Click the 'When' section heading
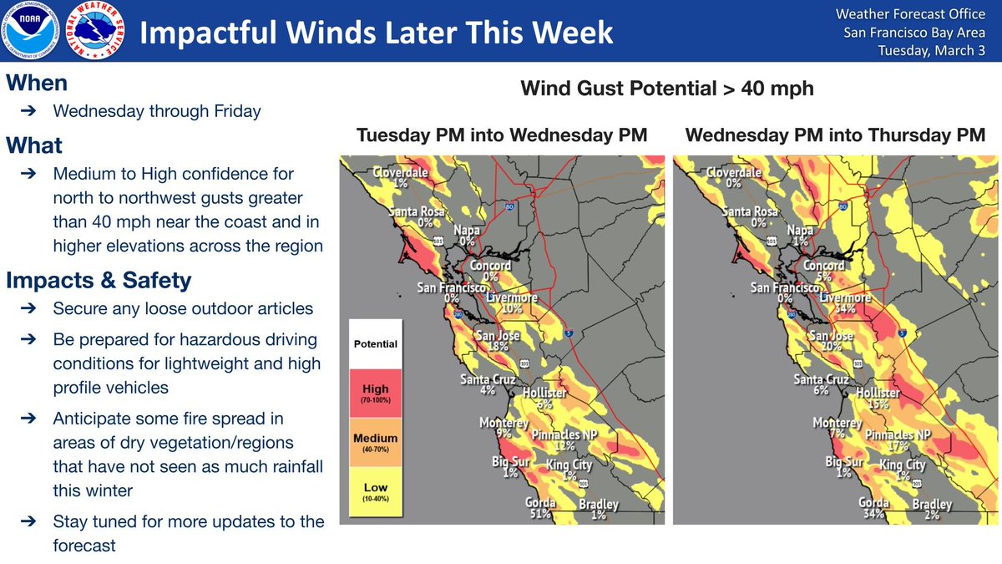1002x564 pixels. coord(37,84)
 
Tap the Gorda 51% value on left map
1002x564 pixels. coord(539,514)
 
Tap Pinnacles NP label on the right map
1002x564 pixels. coord(898,435)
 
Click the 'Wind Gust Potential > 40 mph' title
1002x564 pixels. coord(666,88)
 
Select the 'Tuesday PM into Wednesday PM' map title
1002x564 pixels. coord(502,135)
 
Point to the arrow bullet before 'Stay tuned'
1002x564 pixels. coord(27,522)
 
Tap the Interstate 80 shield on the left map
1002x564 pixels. coord(509,205)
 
